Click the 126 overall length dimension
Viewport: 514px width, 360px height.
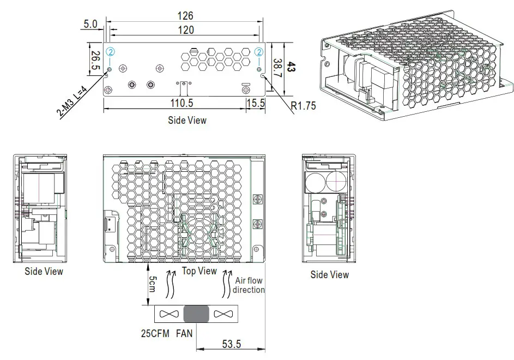pyautogui.click(x=185, y=16)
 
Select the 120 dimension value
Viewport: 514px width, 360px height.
pyautogui.click(x=185, y=31)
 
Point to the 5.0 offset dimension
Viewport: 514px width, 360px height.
pyautogui.click(x=90, y=24)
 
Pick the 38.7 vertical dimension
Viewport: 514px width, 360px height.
pyautogui.click(x=278, y=68)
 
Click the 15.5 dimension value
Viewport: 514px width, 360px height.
pyautogui.click(x=255, y=103)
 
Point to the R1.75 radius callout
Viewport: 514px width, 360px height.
pyautogui.click(x=303, y=106)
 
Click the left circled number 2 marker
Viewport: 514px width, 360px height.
pyautogui.click(x=111, y=52)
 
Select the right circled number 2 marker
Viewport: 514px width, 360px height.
pyautogui.click(x=259, y=52)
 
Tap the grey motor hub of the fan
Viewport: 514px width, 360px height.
pyautogui.click(x=196, y=314)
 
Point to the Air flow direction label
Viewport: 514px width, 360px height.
pyautogui.click(x=249, y=285)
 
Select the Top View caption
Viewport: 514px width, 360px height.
pyautogui.click(x=199, y=271)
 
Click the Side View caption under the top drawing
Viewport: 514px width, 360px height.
pyautogui.click(x=186, y=120)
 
